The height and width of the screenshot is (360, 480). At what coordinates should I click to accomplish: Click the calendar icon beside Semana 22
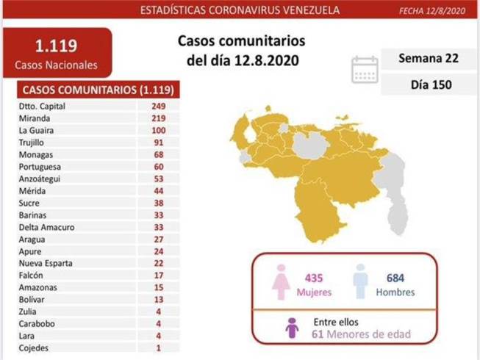pos(365,70)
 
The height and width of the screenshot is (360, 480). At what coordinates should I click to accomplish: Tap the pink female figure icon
pos(281,282)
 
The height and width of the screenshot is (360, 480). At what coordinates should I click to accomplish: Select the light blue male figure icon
pos(361,281)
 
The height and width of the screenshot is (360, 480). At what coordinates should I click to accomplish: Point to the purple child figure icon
pos(292,328)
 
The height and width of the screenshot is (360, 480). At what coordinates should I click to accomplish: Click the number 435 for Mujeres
pos(314,278)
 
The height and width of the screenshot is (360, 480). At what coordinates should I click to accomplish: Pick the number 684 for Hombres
pos(395,278)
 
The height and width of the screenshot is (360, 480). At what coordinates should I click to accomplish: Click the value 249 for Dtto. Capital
pos(159,106)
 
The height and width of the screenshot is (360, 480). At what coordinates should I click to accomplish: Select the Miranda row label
pos(35,118)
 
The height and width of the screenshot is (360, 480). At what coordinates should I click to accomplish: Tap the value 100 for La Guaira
pos(159,130)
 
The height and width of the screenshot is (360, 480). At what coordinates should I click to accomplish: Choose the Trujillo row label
pos(31,143)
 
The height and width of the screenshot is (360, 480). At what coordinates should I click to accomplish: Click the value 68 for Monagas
pos(159,154)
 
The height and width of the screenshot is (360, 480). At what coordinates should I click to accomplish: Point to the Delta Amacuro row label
pos(46,227)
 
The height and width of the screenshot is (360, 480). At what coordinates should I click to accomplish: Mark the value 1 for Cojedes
pos(158,348)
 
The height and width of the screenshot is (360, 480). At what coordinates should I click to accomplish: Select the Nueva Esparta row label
pos(46,263)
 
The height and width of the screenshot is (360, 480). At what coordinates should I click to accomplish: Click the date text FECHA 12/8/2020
pos(432,11)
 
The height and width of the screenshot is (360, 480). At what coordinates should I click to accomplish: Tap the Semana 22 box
pos(429,59)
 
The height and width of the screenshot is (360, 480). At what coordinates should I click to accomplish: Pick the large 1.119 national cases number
pos(57,46)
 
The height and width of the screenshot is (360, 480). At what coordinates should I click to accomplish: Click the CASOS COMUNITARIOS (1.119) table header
pos(98,90)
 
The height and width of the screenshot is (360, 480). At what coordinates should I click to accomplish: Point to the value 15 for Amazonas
pos(159,287)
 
